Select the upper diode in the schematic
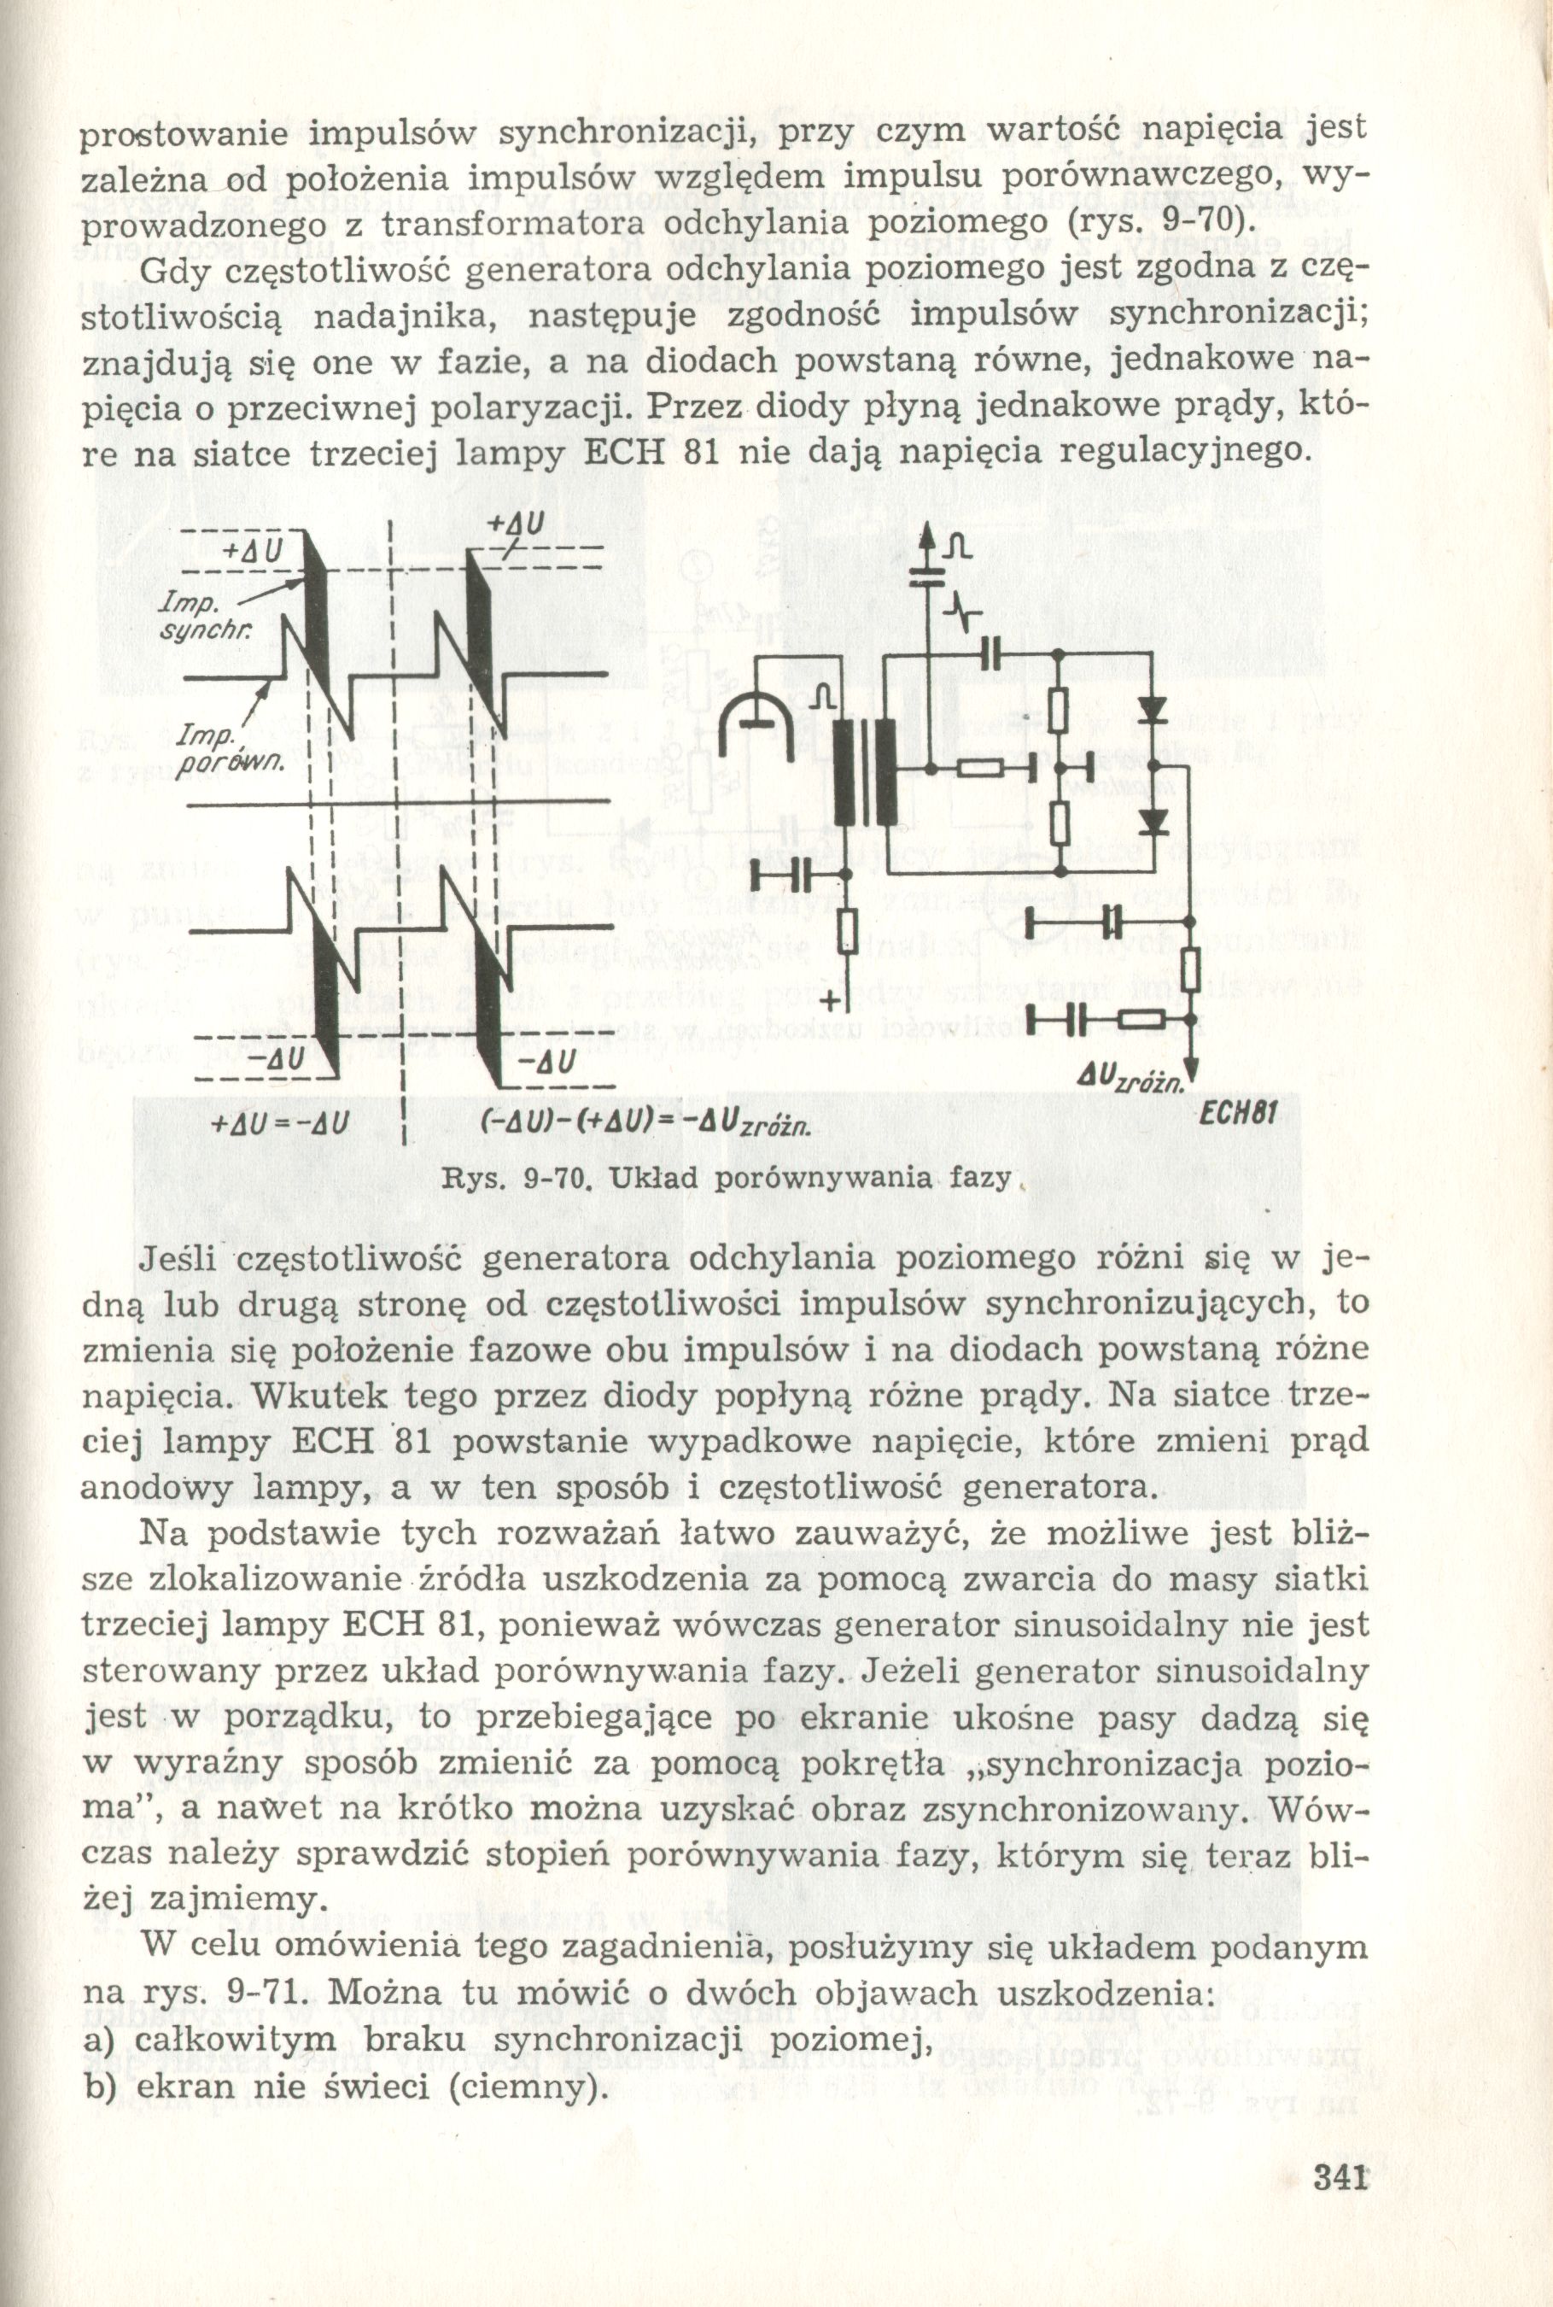1152,709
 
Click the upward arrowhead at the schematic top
928,536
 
